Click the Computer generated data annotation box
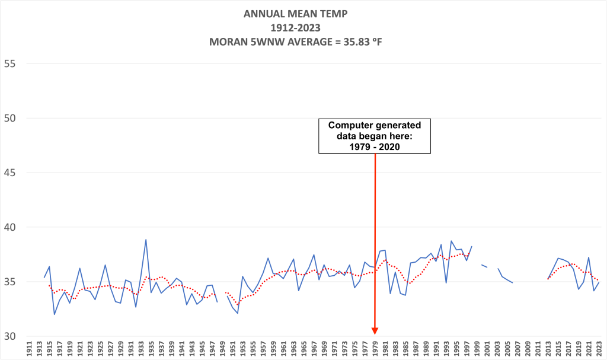click(x=375, y=136)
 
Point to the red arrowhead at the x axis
click(x=375, y=331)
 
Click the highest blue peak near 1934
click(x=146, y=240)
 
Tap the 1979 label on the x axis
click(x=375, y=349)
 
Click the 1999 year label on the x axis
click(x=477, y=349)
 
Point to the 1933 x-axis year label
click(x=140, y=349)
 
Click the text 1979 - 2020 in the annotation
click(x=375, y=146)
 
